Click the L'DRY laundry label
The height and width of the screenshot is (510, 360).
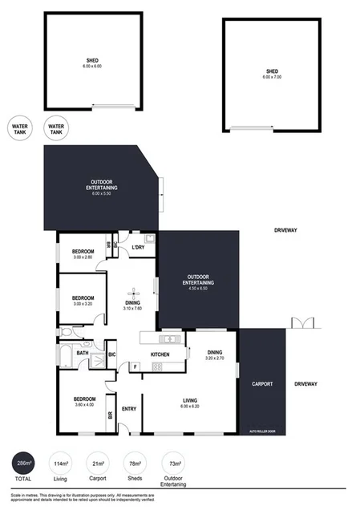coord(138,247)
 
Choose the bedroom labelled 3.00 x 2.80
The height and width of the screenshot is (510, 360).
coord(83,253)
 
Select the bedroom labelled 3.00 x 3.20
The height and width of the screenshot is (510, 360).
coord(83,301)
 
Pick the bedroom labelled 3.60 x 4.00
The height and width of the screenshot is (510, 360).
coord(84,402)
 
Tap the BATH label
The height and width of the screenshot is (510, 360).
coord(82,352)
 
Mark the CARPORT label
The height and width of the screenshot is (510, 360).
coord(263,384)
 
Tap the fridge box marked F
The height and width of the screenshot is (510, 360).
coord(135,366)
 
